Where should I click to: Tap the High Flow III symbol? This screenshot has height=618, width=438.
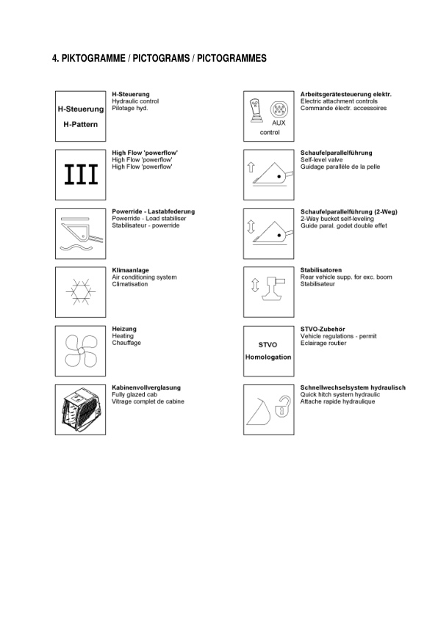pyautogui.click(x=81, y=175)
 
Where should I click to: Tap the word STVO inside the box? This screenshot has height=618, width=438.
pyautogui.click(x=268, y=343)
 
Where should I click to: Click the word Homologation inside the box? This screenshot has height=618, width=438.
pyautogui.click(x=268, y=357)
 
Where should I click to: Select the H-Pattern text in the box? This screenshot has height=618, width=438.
pyautogui.click(x=81, y=123)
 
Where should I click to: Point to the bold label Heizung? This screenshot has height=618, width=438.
pyautogui.click(x=123, y=329)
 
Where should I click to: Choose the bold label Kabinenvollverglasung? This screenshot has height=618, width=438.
pyautogui.click(x=146, y=388)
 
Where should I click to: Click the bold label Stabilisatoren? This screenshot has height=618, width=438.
pyautogui.click(x=321, y=270)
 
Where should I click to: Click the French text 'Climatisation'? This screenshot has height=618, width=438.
pyautogui.click(x=129, y=284)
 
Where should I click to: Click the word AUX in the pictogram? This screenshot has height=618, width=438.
pyautogui.click(x=279, y=123)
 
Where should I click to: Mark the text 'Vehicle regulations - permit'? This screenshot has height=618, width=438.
pyautogui.click(x=339, y=336)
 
